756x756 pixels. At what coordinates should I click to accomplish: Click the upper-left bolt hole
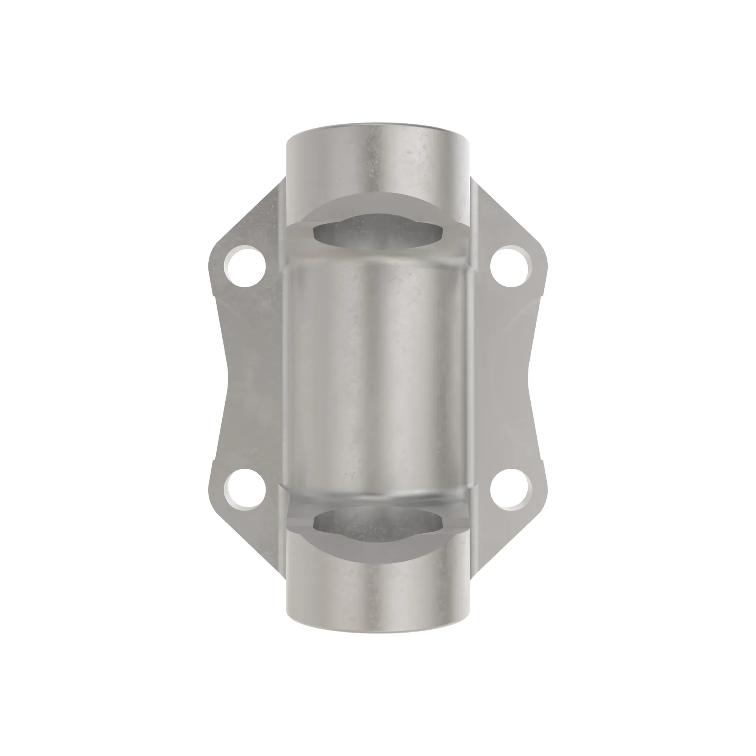tap(245, 266)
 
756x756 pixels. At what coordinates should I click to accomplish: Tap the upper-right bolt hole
tap(511, 266)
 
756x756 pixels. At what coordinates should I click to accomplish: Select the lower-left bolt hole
tap(245, 489)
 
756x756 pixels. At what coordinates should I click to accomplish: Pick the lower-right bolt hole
tap(511, 489)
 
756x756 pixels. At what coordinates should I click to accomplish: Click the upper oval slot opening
tap(378, 232)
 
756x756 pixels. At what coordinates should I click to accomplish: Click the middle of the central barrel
tap(378, 378)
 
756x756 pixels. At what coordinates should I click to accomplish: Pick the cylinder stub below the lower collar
tap(378, 595)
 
